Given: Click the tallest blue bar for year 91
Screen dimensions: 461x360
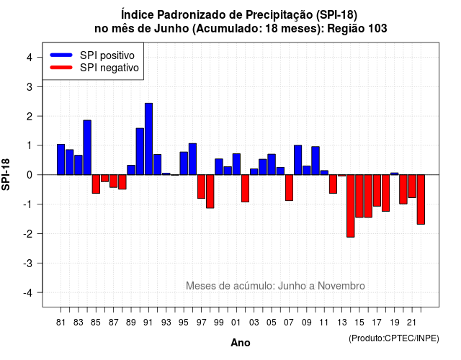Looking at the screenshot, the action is (148, 139).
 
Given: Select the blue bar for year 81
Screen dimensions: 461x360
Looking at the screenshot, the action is (61, 160).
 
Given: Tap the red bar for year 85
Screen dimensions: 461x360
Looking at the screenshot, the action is (96, 184).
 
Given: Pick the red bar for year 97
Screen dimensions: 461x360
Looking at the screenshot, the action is (201, 186).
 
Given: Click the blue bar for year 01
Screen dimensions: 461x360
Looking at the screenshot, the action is (236, 164).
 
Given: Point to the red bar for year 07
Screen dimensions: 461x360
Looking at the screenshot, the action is (289, 188).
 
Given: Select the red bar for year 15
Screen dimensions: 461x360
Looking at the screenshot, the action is (359, 196).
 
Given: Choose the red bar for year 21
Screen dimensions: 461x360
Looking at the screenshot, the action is (412, 186).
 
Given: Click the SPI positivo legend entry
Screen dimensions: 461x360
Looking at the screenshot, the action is (92, 55).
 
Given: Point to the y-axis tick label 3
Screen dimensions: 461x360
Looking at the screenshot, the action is (30, 87).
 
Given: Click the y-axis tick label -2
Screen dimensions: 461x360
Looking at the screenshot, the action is (28, 233).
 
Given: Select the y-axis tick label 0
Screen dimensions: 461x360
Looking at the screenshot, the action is (30, 175).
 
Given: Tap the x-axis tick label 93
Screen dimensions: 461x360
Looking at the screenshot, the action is (166, 323).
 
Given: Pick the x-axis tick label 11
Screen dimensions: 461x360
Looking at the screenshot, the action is (323, 323).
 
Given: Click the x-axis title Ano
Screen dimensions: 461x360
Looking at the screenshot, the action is (241, 343).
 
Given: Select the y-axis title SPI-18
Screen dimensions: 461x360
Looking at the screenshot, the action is (6, 175).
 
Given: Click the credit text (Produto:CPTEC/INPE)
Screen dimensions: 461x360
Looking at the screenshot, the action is (394, 338).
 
